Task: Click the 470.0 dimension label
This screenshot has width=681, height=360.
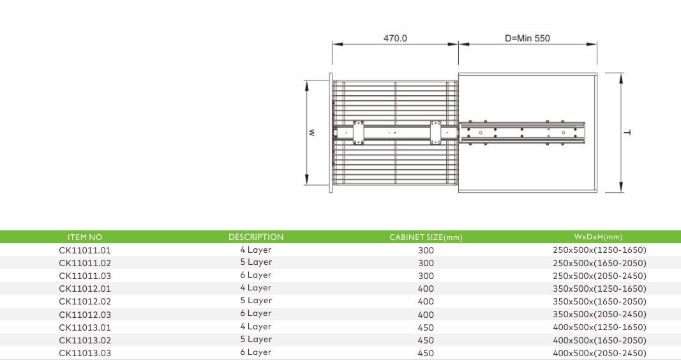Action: [395, 38]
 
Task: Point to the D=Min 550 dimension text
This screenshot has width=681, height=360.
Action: [527, 38]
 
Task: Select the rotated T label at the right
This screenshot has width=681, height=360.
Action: [627, 133]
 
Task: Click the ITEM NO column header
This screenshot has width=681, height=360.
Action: [85, 237]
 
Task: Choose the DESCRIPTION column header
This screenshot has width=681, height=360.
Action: [256, 237]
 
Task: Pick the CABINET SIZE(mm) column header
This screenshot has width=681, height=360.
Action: [426, 237]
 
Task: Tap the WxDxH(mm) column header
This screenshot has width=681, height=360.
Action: [599, 237]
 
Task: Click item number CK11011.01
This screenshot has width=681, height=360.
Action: [85, 250]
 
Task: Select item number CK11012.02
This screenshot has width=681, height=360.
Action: [85, 301]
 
